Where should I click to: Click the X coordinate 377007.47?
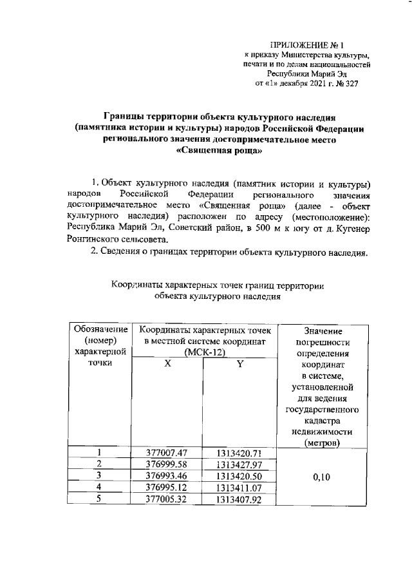(167, 452)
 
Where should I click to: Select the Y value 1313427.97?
(238, 464)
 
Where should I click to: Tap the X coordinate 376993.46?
(167, 475)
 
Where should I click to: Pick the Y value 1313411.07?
(238, 487)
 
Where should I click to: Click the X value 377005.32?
(167, 499)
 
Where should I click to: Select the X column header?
(167, 363)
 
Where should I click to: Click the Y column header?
(238, 363)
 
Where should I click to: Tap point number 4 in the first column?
(98, 487)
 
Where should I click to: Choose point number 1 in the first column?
(98, 452)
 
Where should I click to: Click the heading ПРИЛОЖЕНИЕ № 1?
(308, 45)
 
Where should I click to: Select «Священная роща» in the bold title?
(218, 151)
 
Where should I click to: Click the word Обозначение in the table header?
(98, 329)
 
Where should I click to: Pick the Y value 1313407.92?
(238, 499)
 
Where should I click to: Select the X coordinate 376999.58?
(167, 464)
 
